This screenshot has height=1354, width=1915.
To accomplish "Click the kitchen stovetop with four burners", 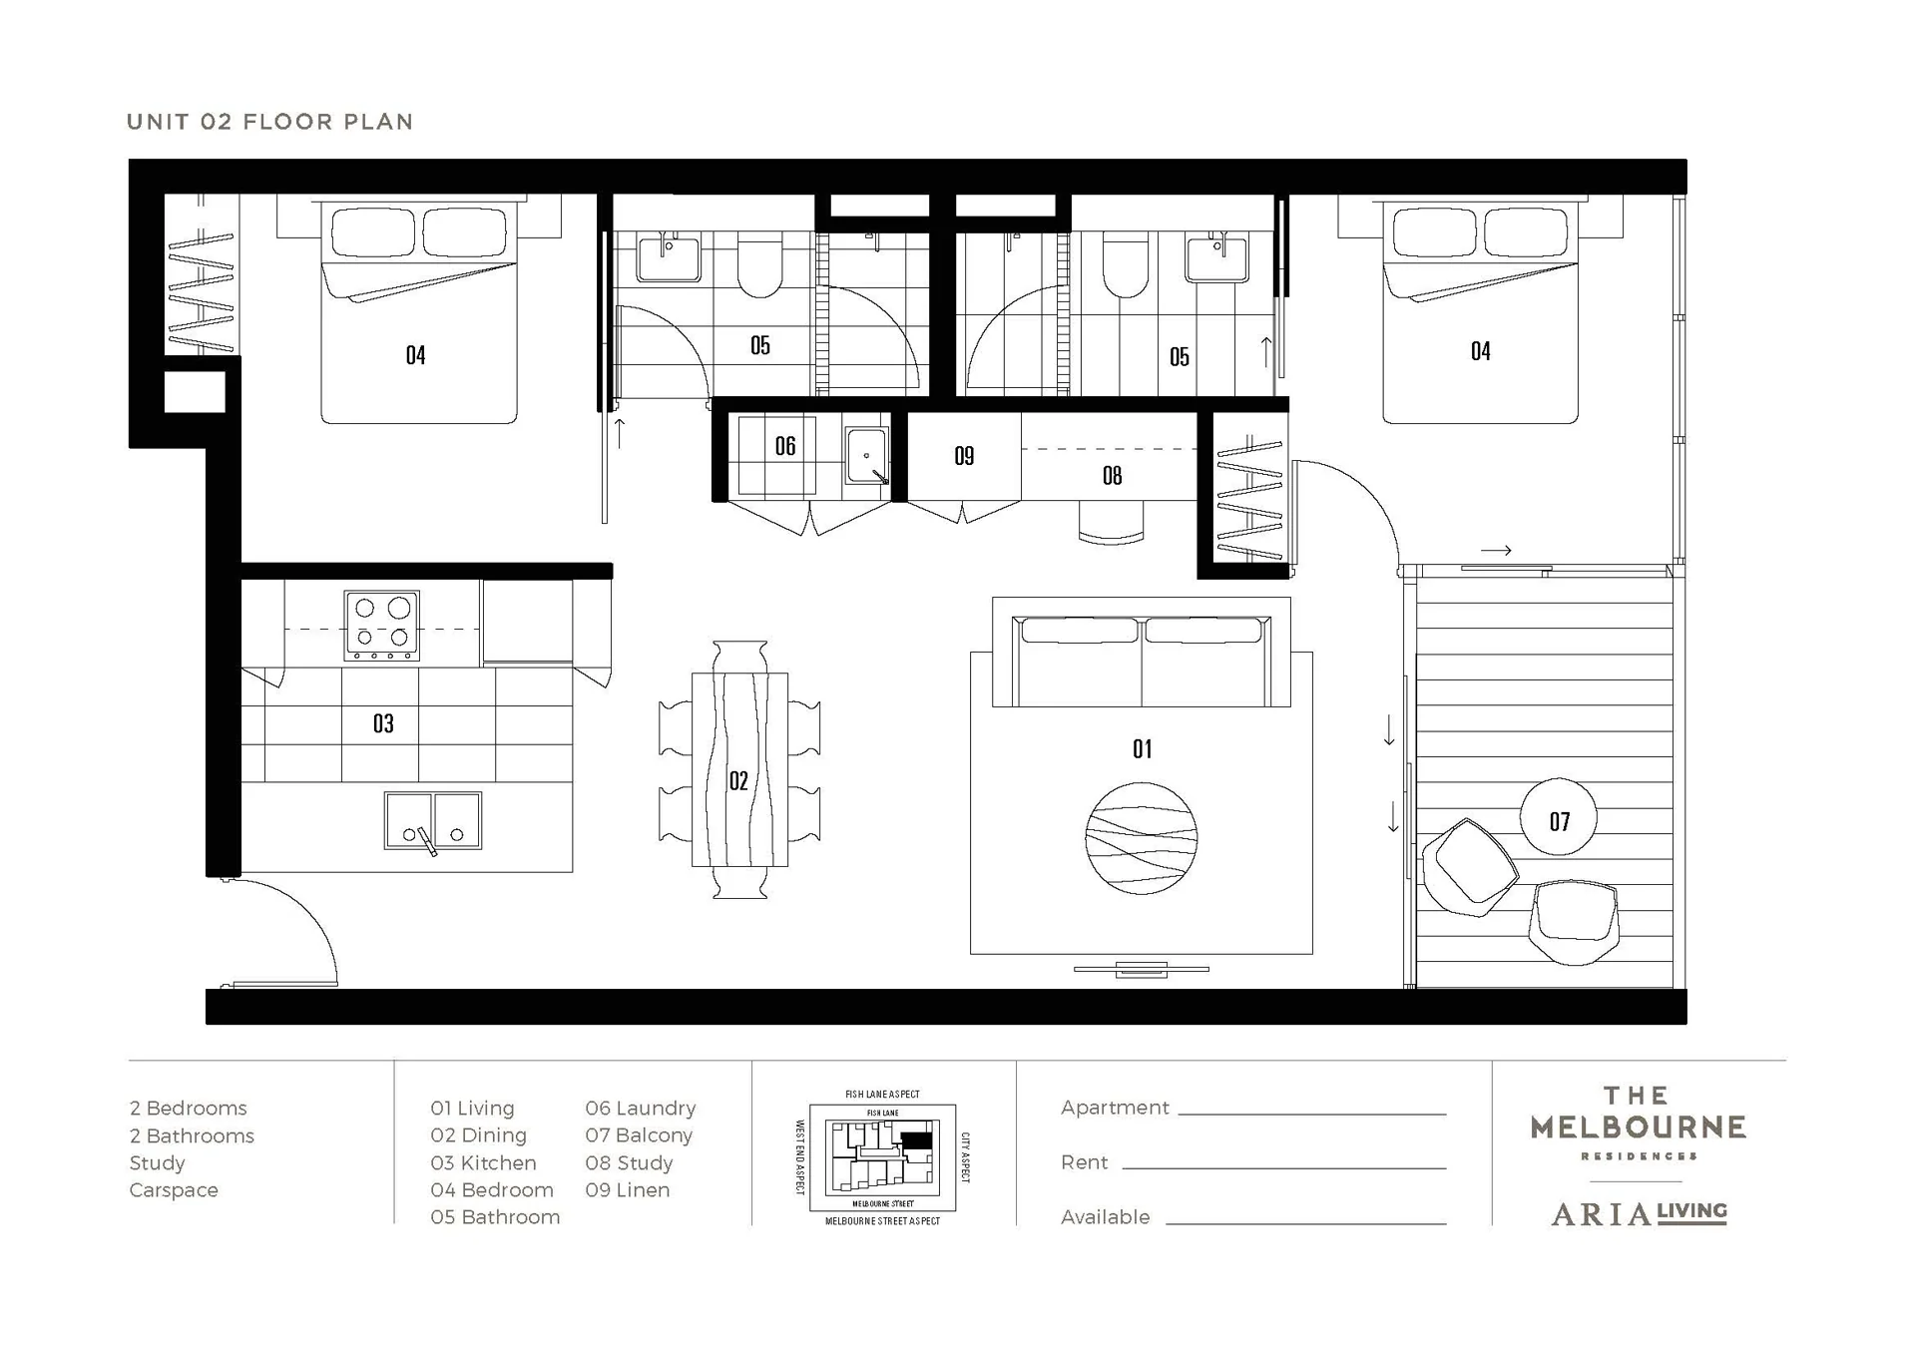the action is (381, 625).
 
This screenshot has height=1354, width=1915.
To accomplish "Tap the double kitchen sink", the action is (432, 821).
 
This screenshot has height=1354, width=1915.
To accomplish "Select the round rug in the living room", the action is (1142, 838).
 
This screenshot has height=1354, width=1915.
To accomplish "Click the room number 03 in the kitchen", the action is (383, 723).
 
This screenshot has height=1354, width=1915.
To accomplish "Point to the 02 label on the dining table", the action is (738, 780).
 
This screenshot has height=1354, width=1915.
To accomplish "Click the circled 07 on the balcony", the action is (1559, 820).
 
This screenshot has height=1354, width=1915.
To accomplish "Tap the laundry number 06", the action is (785, 446).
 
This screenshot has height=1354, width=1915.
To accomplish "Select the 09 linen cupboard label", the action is (964, 456).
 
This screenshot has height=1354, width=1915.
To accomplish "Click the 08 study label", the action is (1112, 476).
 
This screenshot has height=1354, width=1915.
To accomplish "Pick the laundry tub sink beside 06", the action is (866, 457).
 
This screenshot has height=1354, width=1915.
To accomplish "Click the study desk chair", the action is (1111, 523).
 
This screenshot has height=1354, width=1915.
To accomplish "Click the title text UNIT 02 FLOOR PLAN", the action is (269, 122).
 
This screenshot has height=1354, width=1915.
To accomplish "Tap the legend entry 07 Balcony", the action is (639, 1135).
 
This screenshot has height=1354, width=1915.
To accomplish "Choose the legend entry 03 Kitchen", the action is (483, 1162).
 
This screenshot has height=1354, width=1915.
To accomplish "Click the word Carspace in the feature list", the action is (174, 1189).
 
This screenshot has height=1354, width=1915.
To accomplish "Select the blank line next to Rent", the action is (1283, 1167).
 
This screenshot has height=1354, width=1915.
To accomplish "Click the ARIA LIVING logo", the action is (1639, 1213).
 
